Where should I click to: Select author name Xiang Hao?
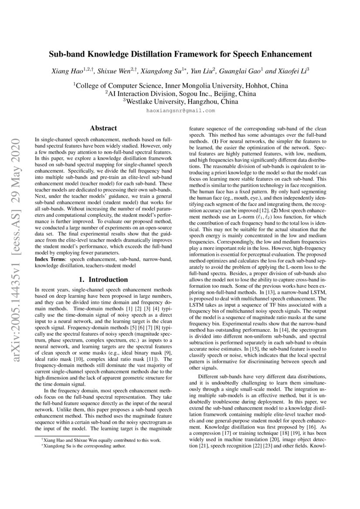click(66, 70)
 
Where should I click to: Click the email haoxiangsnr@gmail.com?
click(180, 111)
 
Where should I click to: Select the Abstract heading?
click(103, 128)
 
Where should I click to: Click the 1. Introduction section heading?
click(103, 280)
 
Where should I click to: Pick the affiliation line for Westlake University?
click(180, 101)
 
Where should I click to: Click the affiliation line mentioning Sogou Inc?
click(180, 94)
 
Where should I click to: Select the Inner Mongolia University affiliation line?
click(180, 86)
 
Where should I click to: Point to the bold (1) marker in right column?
click(215, 142)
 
